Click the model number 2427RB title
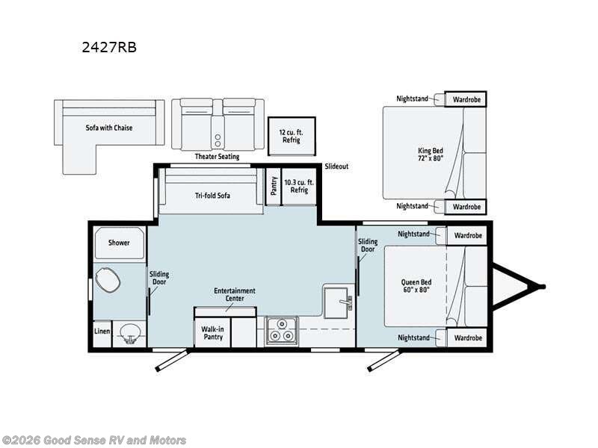coord(109,47)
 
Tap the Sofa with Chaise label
coord(109,128)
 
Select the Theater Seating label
coord(217,156)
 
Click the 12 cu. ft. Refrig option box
coord(292,137)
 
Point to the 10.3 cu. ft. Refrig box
coord(299,186)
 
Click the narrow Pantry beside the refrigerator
coord(273,186)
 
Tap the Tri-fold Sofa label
coord(212,196)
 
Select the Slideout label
coord(336,167)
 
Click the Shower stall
coord(120,243)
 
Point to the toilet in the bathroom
coord(108,279)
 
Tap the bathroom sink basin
coord(130,332)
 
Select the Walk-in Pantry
coord(212,333)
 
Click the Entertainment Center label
coord(235,294)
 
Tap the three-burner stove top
coord(282,330)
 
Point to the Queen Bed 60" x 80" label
coord(416,286)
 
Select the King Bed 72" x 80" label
coord(431,155)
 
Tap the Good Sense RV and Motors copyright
coord(93,441)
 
